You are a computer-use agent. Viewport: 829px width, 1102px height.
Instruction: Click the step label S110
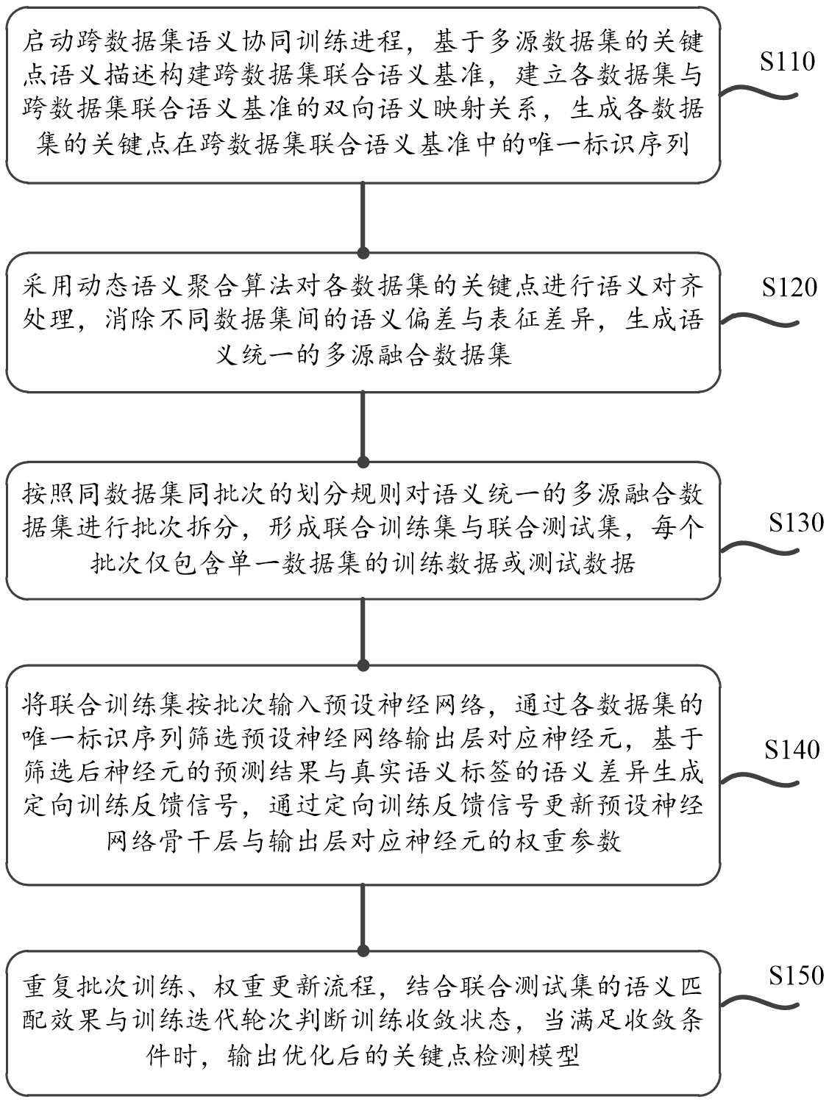787,62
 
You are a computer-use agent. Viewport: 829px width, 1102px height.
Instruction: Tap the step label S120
789,287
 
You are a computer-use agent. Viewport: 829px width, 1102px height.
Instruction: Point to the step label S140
791,750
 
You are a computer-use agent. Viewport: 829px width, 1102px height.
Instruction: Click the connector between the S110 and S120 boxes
363,218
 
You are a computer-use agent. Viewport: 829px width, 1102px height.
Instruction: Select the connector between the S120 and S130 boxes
363,426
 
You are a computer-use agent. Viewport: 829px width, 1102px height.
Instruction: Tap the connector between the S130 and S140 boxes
363,632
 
